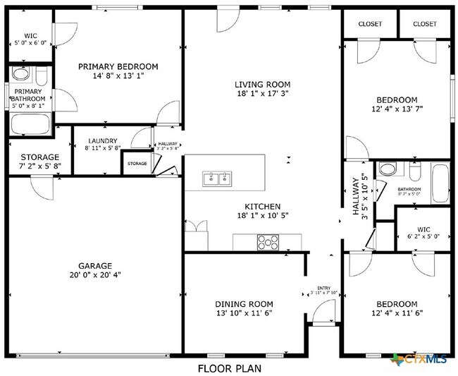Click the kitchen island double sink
click(x=216, y=178)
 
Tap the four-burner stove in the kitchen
click(x=268, y=242)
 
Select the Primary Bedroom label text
click(x=118, y=66)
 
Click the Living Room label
click(x=262, y=84)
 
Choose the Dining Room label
click(x=243, y=304)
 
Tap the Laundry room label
click(x=102, y=141)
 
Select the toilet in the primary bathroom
click(x=41, y=75)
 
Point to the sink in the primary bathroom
click(x=20, y=74)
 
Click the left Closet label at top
click(x=370, y=24)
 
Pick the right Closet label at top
click(x=425, y=24)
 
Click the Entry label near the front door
click(x=323, y=288)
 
